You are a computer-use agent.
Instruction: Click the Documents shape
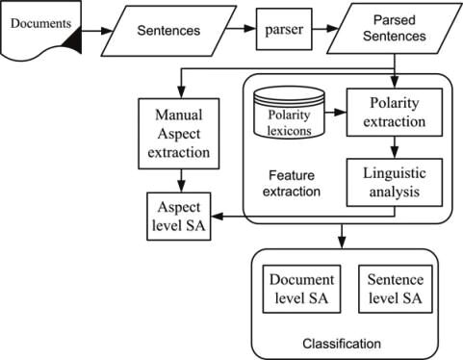(x=40, y=29)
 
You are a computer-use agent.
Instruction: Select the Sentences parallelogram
(x=168, y=31)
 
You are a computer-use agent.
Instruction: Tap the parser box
(x=284, y=29)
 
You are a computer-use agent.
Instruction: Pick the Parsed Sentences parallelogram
(x=394, y=29)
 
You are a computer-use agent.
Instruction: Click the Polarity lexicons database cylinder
(x=289, y=112)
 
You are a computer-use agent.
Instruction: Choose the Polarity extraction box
(x=395, y=113)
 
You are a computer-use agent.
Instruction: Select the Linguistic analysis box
(x=395, y=182)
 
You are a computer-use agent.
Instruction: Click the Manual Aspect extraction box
(x=179, y=134)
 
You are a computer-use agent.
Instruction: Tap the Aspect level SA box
(x=179, y=217)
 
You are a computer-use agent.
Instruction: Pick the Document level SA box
(x=301, y=289)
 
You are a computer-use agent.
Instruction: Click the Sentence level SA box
(x=396, y=289)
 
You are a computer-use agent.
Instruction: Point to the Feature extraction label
(x=292, y=184)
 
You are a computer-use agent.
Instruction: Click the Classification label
(x=342, y=344)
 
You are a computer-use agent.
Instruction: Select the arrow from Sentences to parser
(x=241, y=29)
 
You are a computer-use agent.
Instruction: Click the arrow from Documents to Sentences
(x=97, y=31)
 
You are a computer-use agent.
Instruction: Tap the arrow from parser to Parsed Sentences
(x=325, y=29)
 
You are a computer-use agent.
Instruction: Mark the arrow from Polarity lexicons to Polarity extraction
(x=336, y=113)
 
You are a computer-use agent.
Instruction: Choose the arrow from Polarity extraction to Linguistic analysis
(x=395, y=147)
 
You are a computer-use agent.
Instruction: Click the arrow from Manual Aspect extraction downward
(x=182, y=181)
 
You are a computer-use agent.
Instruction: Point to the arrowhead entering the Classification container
(x=342, y=243)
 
